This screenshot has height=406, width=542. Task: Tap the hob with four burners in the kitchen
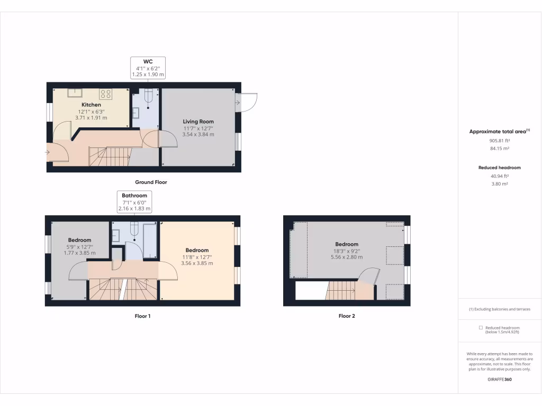click(x=106, y=94)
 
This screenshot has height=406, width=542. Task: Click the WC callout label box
click(x=148, y=68)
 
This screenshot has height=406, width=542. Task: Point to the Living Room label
click(x=198, y=122)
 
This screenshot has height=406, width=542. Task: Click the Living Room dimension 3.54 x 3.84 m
click(x=198, y=134)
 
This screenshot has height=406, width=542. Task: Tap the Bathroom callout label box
click(x=134, y=202)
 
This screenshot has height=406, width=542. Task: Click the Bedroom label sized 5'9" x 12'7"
click(x=79, y=240)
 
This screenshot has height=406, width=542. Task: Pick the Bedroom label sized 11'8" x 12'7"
click(x=197, y=250)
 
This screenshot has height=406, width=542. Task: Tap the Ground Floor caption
click(x=151, y=182)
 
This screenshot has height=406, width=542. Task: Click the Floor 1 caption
click(x=143, y=316)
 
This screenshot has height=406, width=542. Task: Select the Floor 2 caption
click(x=347, y=316)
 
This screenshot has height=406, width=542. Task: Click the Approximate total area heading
click(x=499, y=131)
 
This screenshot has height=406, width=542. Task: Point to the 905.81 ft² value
click(x=500, y=141)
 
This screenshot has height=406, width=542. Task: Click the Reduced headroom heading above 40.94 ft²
click(x=500, y=168)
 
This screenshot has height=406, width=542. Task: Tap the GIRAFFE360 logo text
click(x=500, y=379)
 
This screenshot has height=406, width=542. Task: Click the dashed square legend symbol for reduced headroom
click(x=480, y=328)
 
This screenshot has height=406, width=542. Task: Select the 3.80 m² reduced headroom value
click(x=500, y=184)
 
